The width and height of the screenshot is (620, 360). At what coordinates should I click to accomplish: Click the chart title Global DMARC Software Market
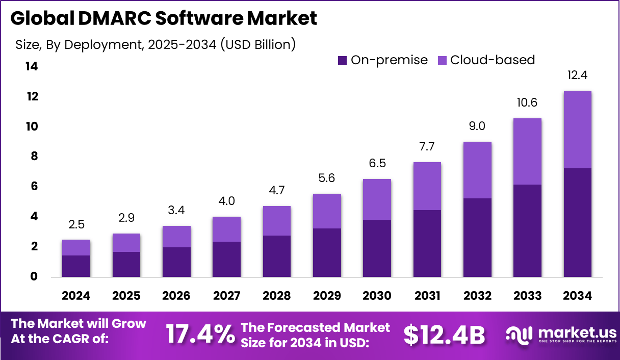click(163, 18)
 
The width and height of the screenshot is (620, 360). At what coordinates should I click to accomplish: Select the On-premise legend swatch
click(342, 61)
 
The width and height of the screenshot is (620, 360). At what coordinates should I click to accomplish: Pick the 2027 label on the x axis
click(226, 296)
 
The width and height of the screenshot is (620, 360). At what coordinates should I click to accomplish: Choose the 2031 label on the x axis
click(427, 296)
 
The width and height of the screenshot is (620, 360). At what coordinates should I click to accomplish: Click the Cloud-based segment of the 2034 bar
click(577, 130)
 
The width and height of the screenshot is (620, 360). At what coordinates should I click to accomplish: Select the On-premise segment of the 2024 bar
click(76, 266)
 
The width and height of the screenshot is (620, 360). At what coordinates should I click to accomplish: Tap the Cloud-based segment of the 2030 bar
click(377, 199)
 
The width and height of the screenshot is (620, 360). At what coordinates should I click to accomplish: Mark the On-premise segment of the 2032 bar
click(477, 238)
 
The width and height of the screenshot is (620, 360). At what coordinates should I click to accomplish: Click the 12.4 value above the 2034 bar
click(577, 75)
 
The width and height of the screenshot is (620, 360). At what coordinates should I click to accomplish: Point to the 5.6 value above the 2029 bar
click(327, 178)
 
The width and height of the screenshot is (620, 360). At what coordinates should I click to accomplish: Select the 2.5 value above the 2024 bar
click(76, 224)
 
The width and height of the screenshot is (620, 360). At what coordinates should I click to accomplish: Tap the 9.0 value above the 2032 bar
click(477, 126)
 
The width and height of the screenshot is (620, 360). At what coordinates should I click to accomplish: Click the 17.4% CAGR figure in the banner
click(200, 335)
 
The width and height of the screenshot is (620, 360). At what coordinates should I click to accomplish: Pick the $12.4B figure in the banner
click(444, 335)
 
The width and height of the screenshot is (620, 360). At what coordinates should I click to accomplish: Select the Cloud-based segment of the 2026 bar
click(176, 237)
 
